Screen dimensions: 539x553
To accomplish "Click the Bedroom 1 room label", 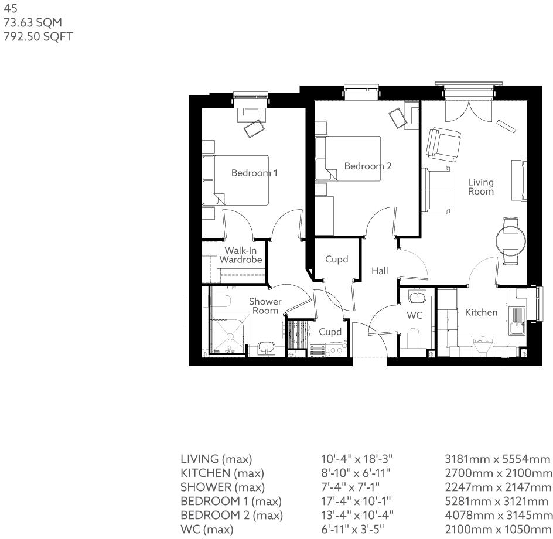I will click(254, 173).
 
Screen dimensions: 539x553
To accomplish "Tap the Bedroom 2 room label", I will click(367, 166).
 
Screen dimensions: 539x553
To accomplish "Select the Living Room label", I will click(480, 187).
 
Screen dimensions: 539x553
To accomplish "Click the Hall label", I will click(380, 271).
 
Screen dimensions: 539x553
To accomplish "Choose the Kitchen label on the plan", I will click(481, 313).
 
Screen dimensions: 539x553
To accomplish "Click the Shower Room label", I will click(265, 306).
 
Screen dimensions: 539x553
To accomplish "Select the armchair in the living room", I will click(443, 145).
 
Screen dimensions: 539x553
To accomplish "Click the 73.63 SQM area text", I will click(33, 23).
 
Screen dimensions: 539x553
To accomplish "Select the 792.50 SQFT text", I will click(38, 36).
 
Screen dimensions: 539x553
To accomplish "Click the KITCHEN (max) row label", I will click(222, 473).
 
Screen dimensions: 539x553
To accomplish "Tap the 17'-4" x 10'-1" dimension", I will click(358, 501).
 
